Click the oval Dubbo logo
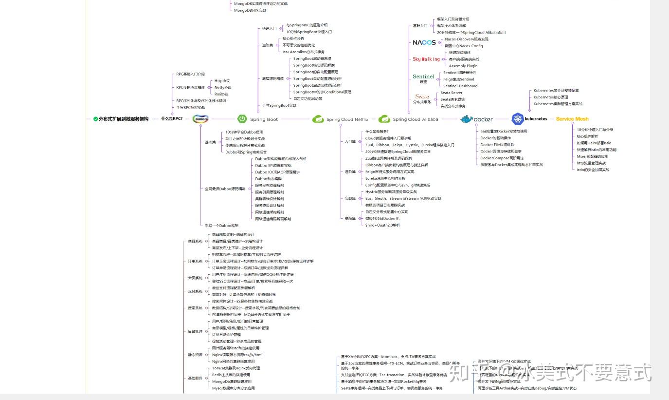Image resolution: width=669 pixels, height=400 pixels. tap(200, 118)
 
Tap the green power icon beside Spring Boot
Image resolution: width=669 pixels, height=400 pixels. tap(242, 118)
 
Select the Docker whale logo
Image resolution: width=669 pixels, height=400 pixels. tap(467, 119)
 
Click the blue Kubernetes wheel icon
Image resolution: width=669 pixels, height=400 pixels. tap(517, 118)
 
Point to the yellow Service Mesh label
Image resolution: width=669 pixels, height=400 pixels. tap(572, 119)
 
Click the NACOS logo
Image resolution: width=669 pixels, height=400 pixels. tap(424, 42)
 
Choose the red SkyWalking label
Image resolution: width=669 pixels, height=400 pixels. tap(426, 59)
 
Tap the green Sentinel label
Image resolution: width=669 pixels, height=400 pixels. tap(423, 76)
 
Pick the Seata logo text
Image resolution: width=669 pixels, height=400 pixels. tap(422, 96)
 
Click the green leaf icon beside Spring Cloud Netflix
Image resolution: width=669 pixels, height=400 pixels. tap(318, 119)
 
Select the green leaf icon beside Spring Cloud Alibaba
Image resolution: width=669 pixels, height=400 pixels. tap(384, 119)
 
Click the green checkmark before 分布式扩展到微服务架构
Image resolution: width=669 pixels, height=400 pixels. tap(95, 118)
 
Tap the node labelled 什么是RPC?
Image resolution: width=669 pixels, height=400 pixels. tap(172, 118)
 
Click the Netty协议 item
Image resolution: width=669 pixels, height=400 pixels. tap(223, 88)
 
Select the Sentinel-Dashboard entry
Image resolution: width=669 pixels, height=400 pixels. tap(460, 86)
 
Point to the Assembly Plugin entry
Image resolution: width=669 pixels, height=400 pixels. tap(463, 66)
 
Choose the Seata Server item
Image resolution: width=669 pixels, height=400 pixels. tap(452, 93)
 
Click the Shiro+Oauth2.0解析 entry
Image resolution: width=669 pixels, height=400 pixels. tap(382, 225)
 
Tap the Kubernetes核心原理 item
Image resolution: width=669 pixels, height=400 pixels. tap(551, 97)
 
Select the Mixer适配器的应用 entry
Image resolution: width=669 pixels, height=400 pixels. tap(593, 156)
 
